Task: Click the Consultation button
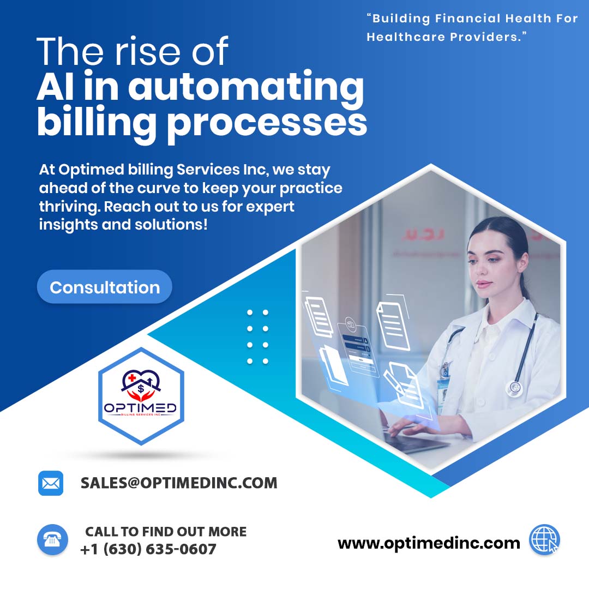105,287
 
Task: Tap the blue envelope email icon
51,483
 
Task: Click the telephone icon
52,540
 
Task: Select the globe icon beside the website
544,540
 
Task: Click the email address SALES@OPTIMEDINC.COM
179,483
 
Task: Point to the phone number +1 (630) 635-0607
148,549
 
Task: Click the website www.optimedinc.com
429,543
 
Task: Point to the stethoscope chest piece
514,388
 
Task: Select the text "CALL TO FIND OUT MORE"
166,532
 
